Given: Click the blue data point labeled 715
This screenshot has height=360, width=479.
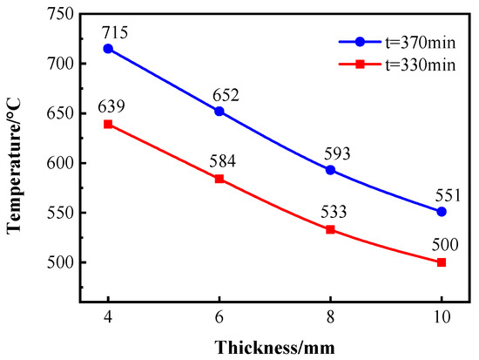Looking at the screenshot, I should (108, 49).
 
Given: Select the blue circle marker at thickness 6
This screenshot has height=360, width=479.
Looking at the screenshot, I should (219, 112).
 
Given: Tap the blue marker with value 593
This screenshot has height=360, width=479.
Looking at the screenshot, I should (330, 170).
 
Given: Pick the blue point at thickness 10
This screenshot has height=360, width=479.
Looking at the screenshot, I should (442, 212).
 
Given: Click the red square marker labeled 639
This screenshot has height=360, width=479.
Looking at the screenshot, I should (108, 125).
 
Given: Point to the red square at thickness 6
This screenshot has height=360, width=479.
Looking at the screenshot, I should (219, 179).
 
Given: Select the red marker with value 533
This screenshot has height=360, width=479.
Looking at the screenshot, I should (330, 229).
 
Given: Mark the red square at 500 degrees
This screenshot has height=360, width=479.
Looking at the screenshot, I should (442, 262).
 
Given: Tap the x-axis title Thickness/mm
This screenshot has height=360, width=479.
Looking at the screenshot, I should (274, 346).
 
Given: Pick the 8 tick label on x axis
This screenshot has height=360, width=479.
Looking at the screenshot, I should (330, 320).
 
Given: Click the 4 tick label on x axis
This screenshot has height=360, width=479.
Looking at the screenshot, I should (108, 320).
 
